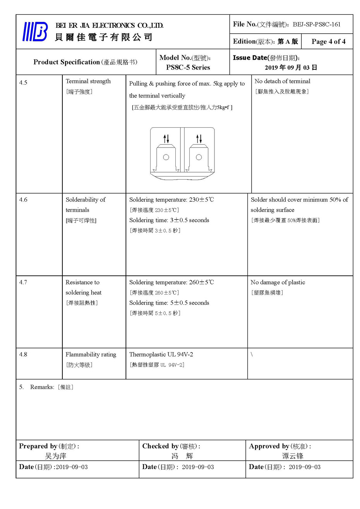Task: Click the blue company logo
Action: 35,32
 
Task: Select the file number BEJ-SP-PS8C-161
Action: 317,24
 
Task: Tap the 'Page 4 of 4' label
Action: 328,42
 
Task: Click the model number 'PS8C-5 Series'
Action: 188,67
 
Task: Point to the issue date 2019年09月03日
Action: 291,67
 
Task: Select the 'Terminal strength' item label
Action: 88,81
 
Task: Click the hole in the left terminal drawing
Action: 166,157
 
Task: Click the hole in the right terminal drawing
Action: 199,157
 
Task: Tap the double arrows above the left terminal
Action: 166,138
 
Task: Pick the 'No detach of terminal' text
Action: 282,81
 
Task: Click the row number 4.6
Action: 23,200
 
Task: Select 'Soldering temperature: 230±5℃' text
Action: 171,200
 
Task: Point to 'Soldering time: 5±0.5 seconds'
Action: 169,303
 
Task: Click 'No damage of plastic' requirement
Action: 278,282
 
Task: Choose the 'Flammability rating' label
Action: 91,354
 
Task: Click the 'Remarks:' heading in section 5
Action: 42,387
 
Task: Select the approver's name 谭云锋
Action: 293,456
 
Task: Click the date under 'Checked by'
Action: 198,467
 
